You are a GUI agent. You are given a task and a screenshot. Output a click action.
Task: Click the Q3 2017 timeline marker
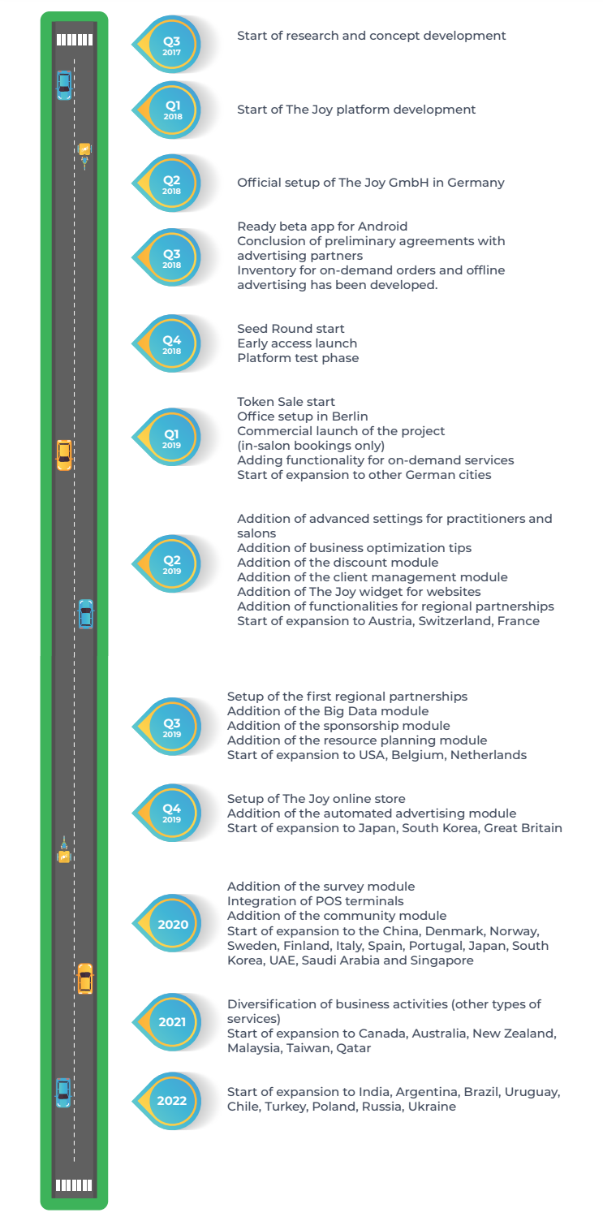click(x=167, y=44)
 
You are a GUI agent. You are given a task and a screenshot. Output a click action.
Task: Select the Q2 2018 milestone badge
click(x=167, y=183)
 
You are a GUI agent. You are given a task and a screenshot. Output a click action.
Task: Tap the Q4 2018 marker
click(x=167, y=343)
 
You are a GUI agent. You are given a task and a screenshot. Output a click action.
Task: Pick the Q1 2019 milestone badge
click(x=167, y=437)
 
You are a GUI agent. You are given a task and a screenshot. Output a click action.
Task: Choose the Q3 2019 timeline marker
click(x=167, y=727)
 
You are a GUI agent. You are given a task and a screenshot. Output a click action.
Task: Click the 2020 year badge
click(x=167, y=923)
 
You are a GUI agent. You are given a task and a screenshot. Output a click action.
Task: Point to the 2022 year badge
click(x=167, y=1100)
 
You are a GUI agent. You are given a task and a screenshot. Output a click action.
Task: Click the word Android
click(x=383, y=227)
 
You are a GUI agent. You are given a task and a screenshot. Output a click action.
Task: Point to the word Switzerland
click(x=454, y=620)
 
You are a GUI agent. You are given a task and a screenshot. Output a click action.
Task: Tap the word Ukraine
click(x=432, y=1106)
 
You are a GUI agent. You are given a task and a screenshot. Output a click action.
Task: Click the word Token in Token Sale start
click(x=254, y=401)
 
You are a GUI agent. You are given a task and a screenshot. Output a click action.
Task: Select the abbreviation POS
click(x=326, y=900)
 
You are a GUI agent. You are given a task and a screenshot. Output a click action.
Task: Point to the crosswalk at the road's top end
click(x=75, y=40)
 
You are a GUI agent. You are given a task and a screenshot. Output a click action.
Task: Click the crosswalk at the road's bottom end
click(x=74, y=1185)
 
